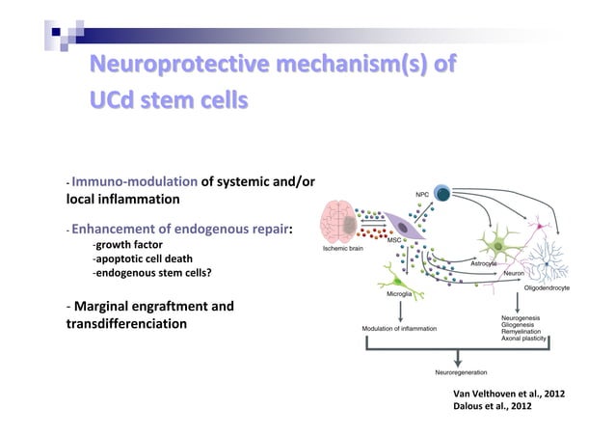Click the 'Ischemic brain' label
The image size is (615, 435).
point(342,249)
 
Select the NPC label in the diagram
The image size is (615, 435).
point(422,194)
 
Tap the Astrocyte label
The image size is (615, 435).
point(484,262)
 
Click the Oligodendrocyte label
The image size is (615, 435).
point(547,287)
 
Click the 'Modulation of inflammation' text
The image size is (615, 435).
point(398,329)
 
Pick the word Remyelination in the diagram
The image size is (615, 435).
point(522,332)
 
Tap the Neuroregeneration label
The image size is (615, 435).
point(461,371)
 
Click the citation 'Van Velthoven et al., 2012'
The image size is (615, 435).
point(515,394)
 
